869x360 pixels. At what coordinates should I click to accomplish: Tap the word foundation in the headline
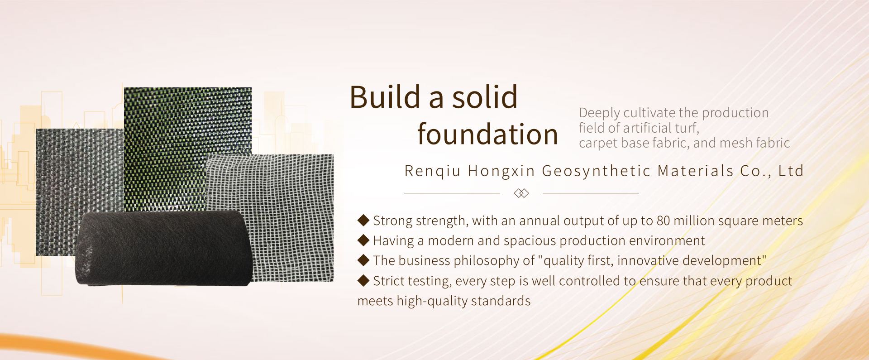(x=487, y=134)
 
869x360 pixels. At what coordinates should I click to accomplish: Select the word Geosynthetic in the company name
(x=596, y=171)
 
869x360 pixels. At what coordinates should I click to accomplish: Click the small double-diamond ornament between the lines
(x=521, y=193)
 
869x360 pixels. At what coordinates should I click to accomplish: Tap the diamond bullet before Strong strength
(x=363, y=221)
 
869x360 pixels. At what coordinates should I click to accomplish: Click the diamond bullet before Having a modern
(x=363, y=240)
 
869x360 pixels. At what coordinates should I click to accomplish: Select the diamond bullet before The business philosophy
(x=363, y=260)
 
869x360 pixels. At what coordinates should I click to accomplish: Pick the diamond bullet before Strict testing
(x=363, y=281)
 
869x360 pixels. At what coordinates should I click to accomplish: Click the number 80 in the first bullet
(x=663, y=221)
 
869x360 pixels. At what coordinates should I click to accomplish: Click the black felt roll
(x=163, y=248)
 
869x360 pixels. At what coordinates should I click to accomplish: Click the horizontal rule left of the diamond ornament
(x=452, y=193)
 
